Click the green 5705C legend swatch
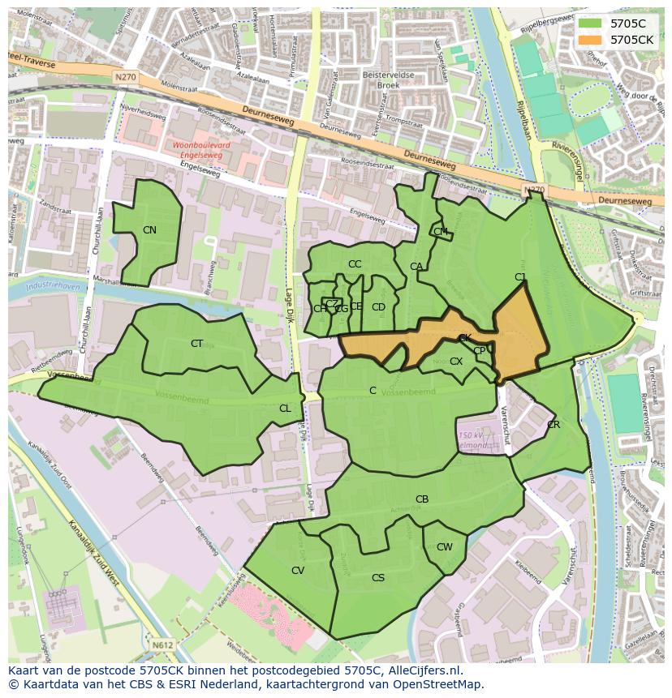coord(591,24)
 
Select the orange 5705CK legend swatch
coord(591,39)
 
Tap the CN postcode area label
coord(149,230)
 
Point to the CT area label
coord(196,344)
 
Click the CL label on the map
coord(285,409)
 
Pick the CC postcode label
coord(355,264)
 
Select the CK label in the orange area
coord(465,338)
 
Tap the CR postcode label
coord(554,425)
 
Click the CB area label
coord(422,499)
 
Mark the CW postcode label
coord(445,547)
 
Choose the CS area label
coord(378,578)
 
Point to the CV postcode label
coord(298,571)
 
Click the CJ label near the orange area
coord(520,277)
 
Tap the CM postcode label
coord(441,232)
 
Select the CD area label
coord(378,307)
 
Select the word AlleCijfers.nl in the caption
coord(421,670)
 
